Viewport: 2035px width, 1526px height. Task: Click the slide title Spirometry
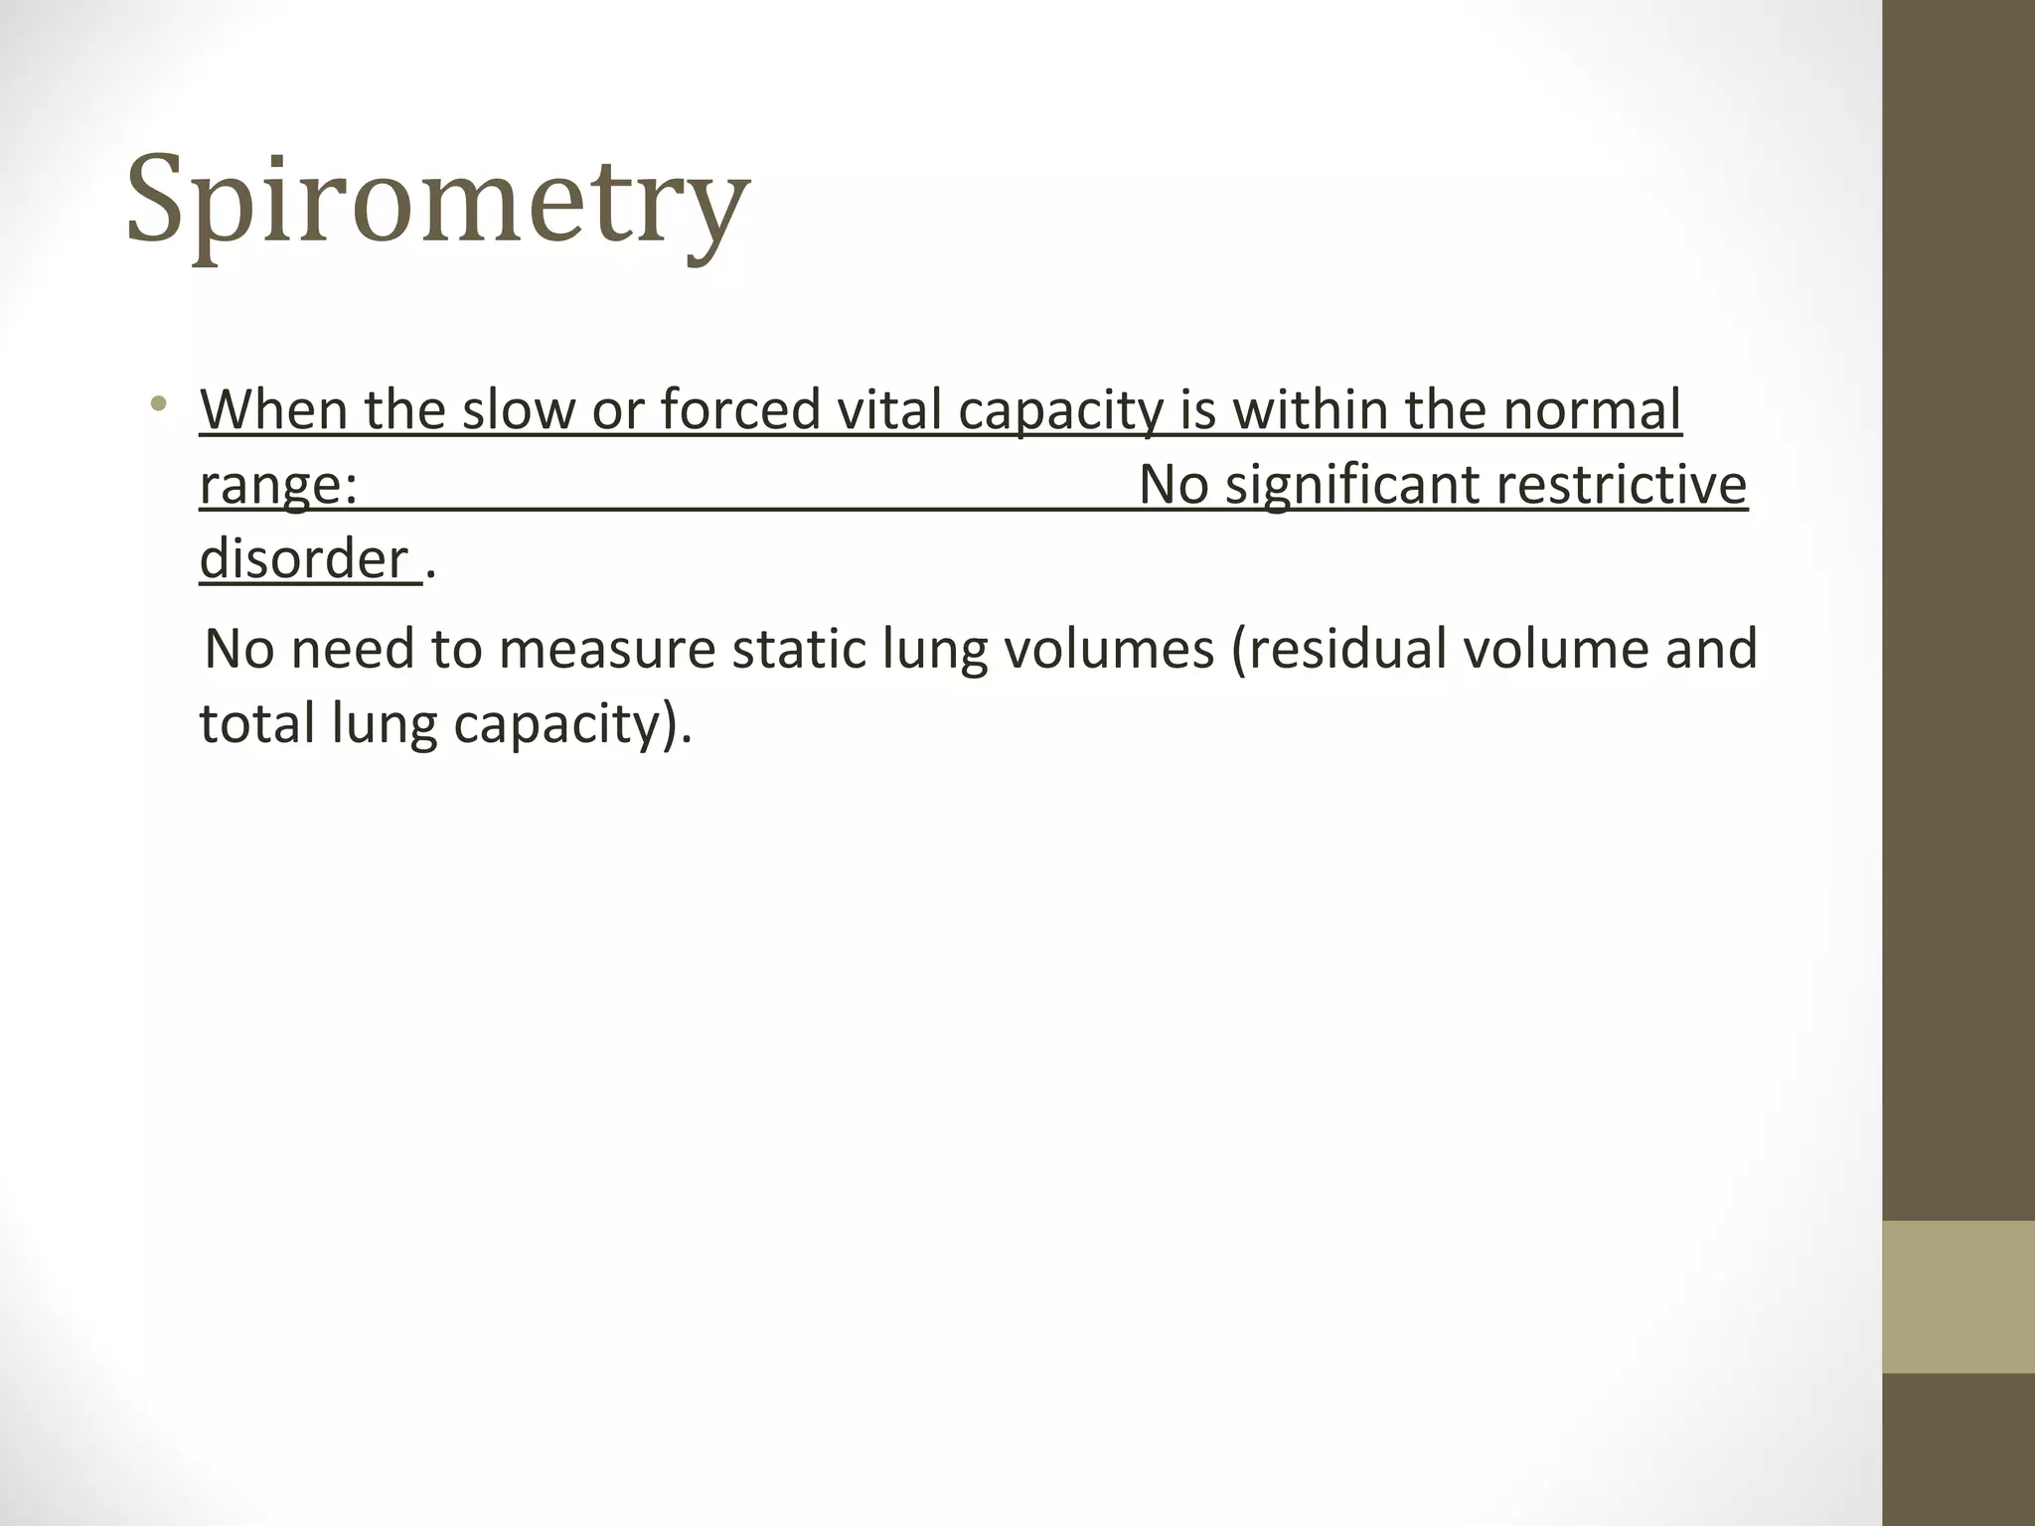click(x=437, y=201)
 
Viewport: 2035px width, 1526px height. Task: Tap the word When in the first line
click(x=273, y=409)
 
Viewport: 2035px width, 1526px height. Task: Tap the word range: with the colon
click(x=278, y=487)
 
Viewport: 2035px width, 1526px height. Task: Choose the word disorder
click(x=304, y=559)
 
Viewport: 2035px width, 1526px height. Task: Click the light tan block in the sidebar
click(x=1957, y=1297)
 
